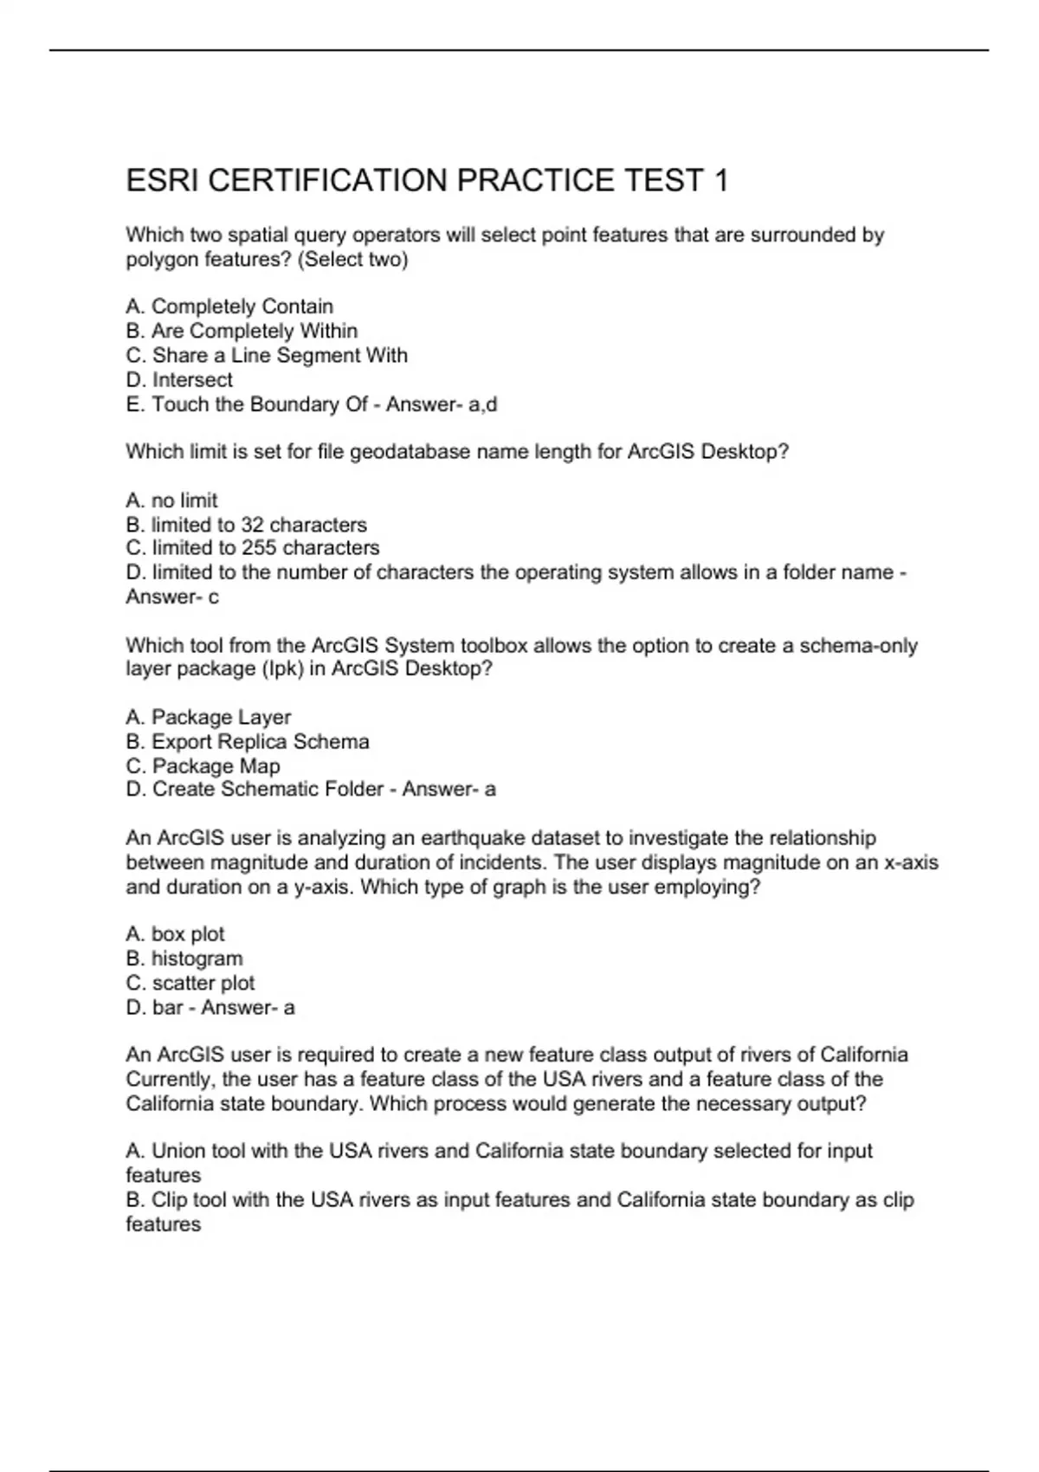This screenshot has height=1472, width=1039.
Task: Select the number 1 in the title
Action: tap(720, 181)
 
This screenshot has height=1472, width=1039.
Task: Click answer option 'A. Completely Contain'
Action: tap(229, 307)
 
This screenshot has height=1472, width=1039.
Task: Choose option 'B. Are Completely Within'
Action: tap(242, 331)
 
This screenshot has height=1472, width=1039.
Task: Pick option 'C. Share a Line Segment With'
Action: tap(267, 355)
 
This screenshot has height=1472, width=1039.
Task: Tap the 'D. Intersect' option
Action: tap(179, 379)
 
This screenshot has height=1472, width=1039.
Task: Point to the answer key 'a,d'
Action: tap(483, 404)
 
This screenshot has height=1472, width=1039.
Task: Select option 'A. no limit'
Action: tap(171, 500)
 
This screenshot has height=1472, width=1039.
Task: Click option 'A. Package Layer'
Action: tap(209, 717)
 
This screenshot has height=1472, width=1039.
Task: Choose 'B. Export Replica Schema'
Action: tap(248, 741)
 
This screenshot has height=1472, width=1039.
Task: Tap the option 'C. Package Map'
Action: tap(203, 765)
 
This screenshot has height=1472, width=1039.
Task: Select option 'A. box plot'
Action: tap(175, 934)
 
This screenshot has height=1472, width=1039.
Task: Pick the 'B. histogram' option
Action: tap(184, 959)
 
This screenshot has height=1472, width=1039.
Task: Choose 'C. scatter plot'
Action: tap(190, 983)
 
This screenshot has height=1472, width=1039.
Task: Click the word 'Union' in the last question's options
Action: tap(177, 1151)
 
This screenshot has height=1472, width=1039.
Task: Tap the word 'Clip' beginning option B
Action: tap(168, 1200)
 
